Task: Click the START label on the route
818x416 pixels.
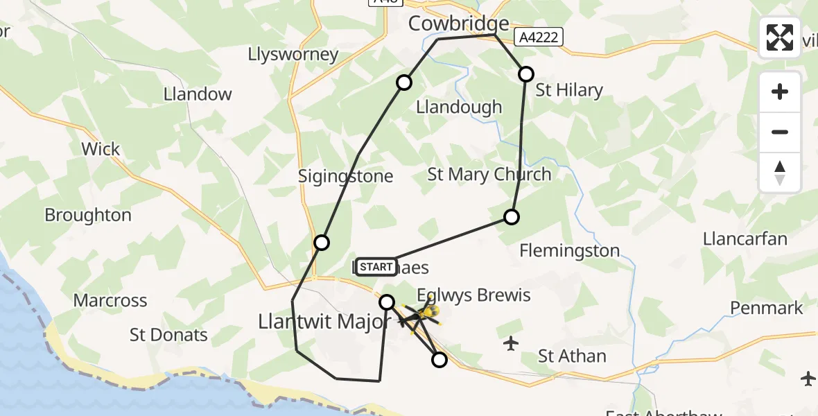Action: [x=376, y=267]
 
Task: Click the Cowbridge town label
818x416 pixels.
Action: [x=458, y=23]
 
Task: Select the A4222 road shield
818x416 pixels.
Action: [x=539, y=37]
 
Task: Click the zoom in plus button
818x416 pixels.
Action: [x=780, y=92]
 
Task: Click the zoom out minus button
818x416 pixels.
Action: [x=780, y=132]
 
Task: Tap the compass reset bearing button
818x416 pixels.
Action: [x=780, y=172]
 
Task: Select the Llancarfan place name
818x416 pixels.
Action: [x=745, y=239]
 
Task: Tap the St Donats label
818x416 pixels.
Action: [x=168, y=335]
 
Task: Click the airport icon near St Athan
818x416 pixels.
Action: [x=512, y=343]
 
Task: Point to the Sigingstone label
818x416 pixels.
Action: [x=345, y=176]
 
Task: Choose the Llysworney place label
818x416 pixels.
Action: [x=293, y=54]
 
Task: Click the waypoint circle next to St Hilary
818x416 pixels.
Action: [x=526, y=74]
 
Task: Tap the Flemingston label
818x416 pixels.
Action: [x=569, y=250]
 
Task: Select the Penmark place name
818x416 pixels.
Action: [x=767, y=308]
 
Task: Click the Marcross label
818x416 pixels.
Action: [x=110, y=301]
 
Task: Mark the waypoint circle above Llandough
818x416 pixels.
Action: [x=404, y=83]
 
